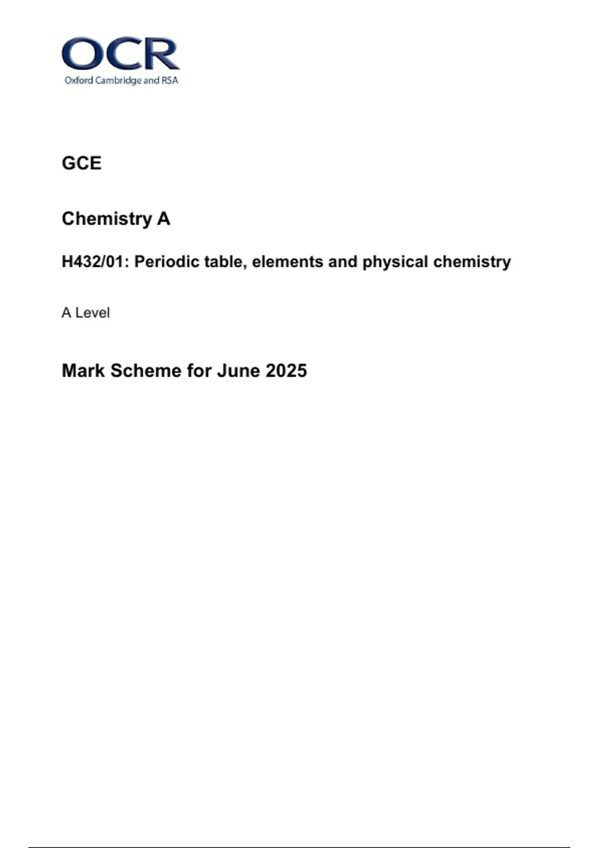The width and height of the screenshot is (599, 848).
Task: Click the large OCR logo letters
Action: point(120,54)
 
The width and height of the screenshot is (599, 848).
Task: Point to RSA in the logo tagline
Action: point(170,80)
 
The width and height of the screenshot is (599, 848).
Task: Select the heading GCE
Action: point(81,163)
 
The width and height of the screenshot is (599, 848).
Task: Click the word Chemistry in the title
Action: point(107,218)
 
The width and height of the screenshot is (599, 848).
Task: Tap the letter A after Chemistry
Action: point(164,218)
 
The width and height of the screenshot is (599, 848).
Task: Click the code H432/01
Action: point(92,261)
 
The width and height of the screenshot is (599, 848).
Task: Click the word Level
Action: point(92,313)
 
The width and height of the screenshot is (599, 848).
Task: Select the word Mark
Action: point(83,371)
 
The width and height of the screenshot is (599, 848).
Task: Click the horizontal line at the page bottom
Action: point(299,847)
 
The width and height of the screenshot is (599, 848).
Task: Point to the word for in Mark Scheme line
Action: point(199,371)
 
